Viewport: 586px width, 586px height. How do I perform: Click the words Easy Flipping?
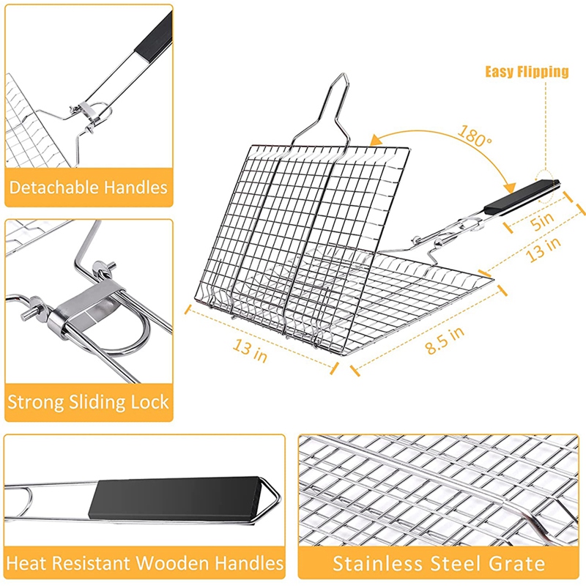coord(527,71)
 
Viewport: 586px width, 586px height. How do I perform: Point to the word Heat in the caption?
coord(28,563)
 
